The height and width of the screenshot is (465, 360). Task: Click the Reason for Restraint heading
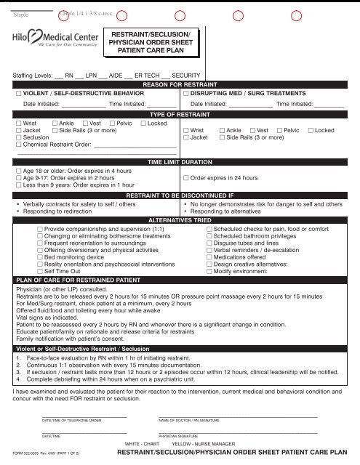click(179, 85)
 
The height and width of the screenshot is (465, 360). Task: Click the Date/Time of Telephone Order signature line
click(84, 417)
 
